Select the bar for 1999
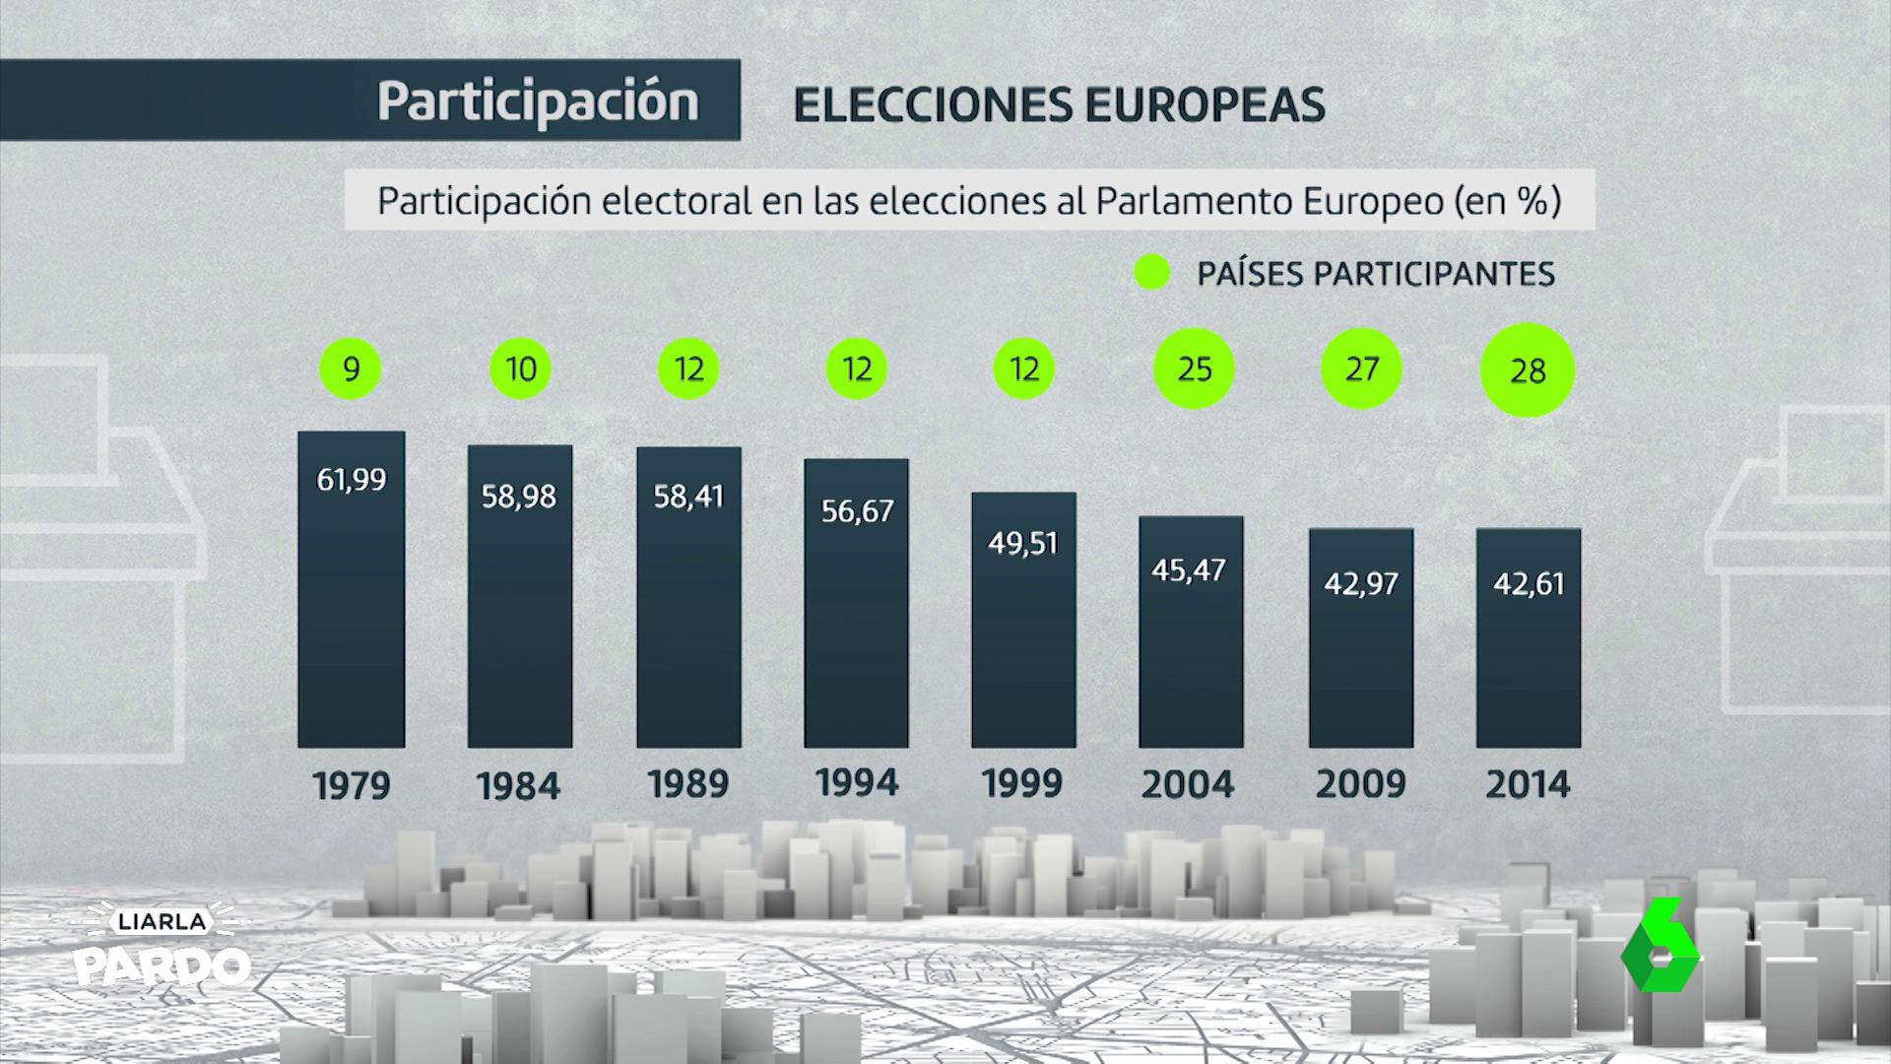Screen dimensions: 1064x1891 1023,620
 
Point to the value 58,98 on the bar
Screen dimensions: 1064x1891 519,497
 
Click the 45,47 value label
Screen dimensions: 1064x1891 1189,570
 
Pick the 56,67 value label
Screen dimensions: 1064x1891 857,511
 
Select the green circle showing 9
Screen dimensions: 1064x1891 351,369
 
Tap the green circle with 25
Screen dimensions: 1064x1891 1194,369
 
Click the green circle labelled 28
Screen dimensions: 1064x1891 1528,370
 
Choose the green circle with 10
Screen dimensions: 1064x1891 520,369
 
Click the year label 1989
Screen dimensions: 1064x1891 688,784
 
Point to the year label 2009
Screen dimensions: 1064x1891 1360,784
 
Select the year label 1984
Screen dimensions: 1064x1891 518,786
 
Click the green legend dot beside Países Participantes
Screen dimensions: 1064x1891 1151,273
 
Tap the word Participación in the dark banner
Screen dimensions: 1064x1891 538,101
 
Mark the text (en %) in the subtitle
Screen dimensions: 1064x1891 1507,201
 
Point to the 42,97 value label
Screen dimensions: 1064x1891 1360,584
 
